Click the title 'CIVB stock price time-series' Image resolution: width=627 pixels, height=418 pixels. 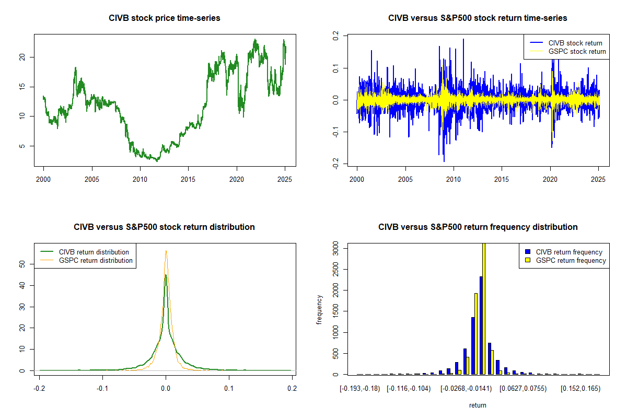pos(165,18)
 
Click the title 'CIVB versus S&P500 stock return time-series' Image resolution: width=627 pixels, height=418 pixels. pos(478,18)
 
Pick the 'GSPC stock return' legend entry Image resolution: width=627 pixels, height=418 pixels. pos(577,51)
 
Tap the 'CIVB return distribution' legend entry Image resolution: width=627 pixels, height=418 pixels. pos(94,252)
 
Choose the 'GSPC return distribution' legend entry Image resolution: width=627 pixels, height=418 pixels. pos(96,260)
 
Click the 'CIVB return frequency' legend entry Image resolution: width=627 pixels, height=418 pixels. pos(569,252)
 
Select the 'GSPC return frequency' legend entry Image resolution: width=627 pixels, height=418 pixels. pos(571,260)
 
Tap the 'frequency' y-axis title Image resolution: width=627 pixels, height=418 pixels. pos(319,309)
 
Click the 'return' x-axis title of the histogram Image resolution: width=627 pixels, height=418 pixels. pos(478,405)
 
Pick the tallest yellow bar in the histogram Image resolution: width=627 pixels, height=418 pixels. pos(484,308)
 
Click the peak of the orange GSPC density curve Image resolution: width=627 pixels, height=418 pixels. pos(166,251)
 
